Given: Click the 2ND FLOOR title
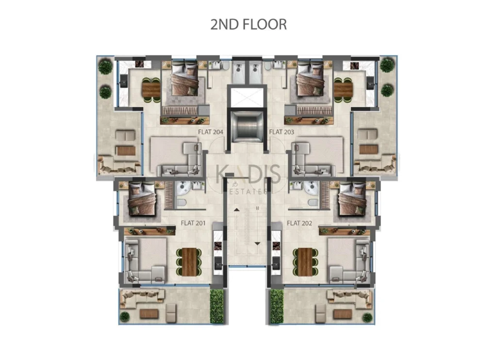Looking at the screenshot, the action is (x=248, y=24).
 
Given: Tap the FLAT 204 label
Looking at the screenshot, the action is (x=211, y=132).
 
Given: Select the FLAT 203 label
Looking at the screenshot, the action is (x=282, y=132).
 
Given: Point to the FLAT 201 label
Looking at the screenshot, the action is (x=193, y=223).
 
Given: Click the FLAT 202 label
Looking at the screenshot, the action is (x=299, y=223).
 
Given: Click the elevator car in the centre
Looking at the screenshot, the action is (x=248, y=126).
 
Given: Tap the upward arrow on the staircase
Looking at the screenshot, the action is (x=237, y=210).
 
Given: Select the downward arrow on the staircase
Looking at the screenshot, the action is (x=257, y=244).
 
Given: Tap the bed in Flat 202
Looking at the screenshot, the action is (x=352, y=199).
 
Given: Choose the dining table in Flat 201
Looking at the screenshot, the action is (x=189, y=262).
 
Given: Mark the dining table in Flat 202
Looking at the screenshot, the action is (x=305, y=262).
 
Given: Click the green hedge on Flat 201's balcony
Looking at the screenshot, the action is (x=217, y=306).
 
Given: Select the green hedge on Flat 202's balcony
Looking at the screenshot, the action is (x=276, y=306).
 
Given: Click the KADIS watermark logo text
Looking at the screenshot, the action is (x=248, y=174).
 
